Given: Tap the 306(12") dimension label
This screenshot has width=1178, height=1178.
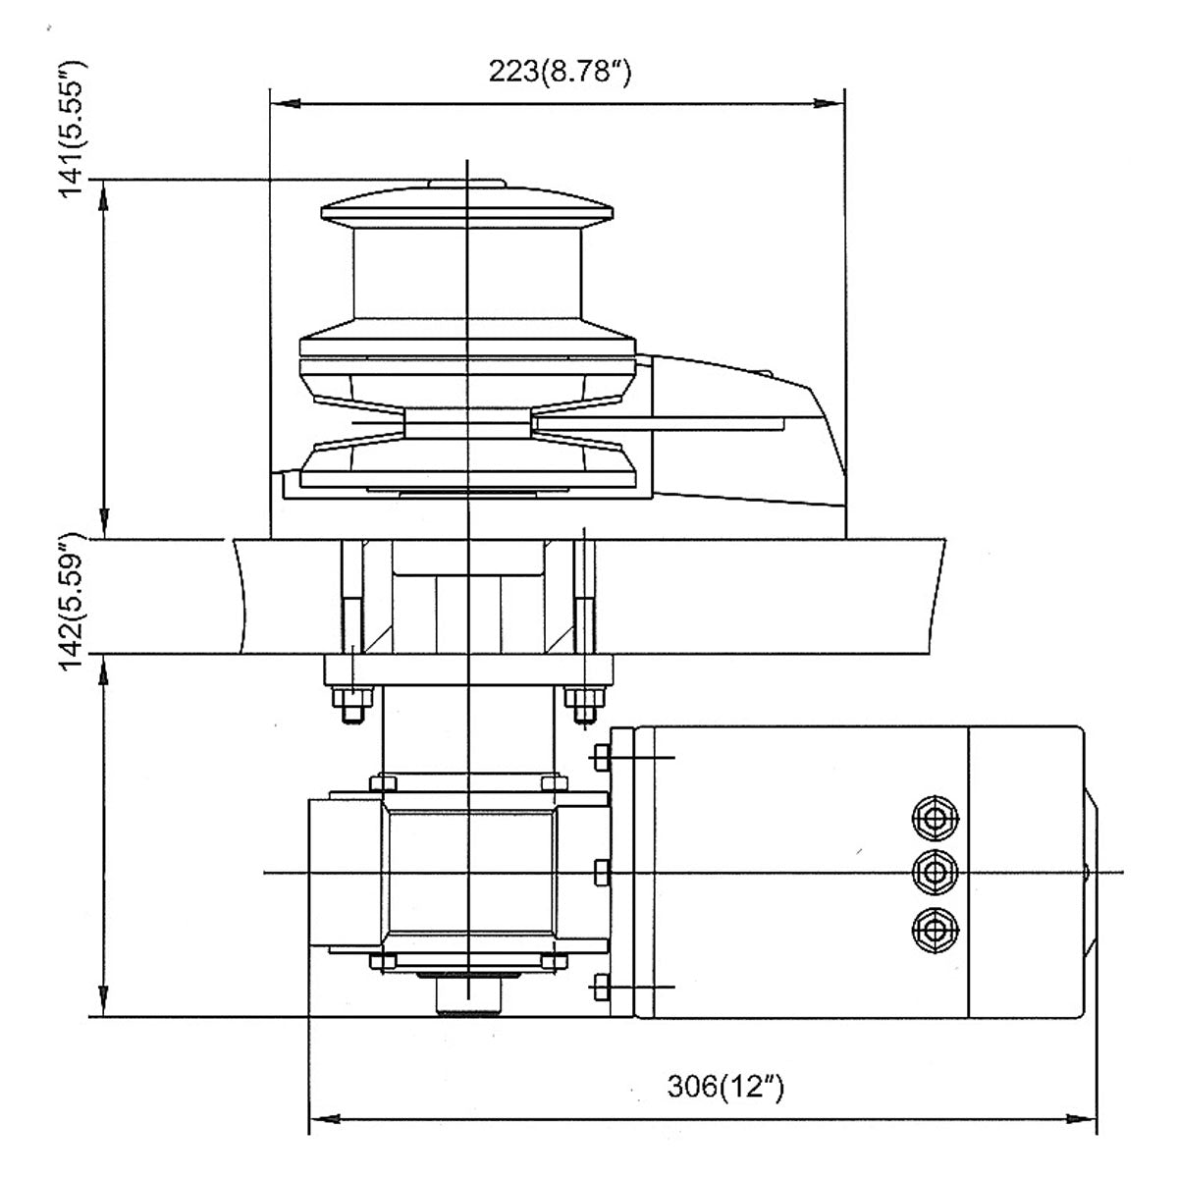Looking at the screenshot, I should click(x=725, y=1088).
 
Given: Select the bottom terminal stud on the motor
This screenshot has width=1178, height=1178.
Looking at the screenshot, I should click(x=936, y=926).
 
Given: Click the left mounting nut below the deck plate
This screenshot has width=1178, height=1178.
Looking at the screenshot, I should click(x=350, y=705).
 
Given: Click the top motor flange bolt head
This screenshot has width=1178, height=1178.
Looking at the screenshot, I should click(x=601, y=757).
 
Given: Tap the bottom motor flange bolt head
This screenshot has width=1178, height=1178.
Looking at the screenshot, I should click(x=601, y=985).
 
